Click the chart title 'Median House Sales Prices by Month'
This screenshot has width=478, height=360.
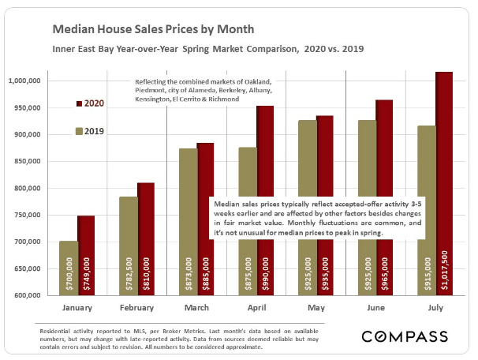153,30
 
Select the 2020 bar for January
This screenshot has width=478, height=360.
86,253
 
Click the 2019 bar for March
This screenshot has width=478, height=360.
189,221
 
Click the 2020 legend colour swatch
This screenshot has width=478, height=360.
79,103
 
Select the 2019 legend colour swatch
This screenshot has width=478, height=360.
79,130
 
